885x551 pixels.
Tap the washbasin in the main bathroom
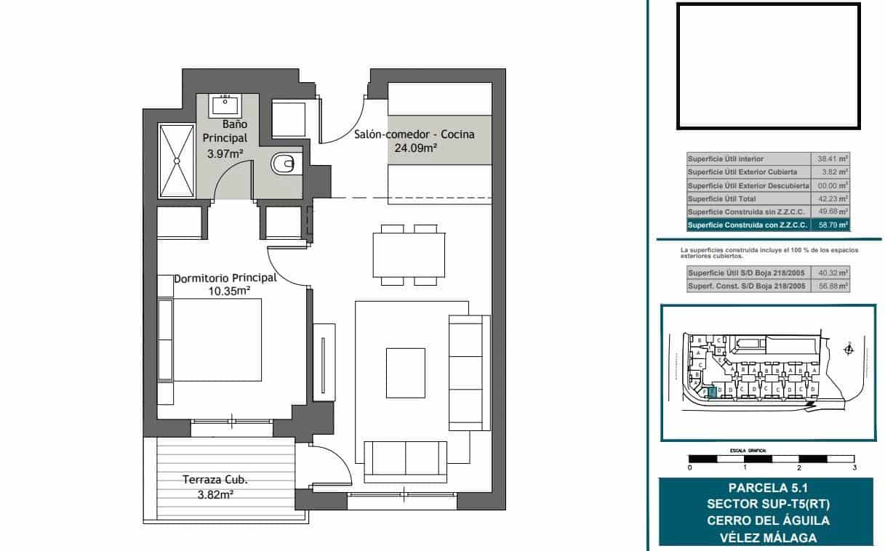225,106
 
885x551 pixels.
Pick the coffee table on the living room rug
405,373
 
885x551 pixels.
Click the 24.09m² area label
415,148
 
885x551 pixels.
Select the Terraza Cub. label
215,480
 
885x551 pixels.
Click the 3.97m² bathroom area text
225,153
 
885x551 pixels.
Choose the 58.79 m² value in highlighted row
832,225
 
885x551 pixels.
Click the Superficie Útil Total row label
721,198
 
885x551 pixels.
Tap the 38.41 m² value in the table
832,158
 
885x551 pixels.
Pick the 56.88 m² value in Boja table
832,286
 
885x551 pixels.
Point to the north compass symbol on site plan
848,350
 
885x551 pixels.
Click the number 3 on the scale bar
854,467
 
